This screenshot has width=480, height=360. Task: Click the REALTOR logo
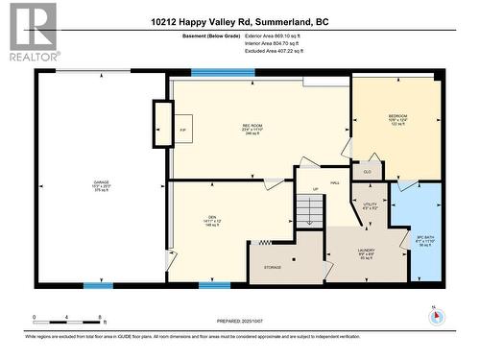click(x=32, y=32)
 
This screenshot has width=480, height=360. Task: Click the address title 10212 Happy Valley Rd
click(x=239, y=20)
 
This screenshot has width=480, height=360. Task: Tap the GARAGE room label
click(x=99, y=180)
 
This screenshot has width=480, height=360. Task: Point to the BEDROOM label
click(x=397, y=116)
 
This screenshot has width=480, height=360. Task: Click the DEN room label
click(x=212, y=217)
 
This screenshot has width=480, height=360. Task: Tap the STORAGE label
click(x=273, y=267)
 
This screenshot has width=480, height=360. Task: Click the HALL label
click(x=335, y=181)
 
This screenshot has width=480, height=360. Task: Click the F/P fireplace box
click(x=182, y=130)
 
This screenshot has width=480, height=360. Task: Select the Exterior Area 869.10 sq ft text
click(x=274, y=36)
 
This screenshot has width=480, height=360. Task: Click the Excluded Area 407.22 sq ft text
click(x=274, y=51)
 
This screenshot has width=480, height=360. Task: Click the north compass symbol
click(x=432, y=315)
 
